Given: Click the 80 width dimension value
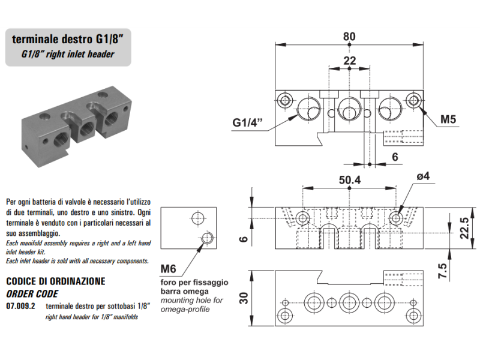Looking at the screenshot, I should click(349, 36).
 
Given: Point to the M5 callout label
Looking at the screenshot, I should click(449, 119).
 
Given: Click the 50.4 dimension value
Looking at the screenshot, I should click(349, 180).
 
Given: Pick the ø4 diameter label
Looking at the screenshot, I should click(423, 176).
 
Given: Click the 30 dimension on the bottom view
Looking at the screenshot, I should click(244, 298).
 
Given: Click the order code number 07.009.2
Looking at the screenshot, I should click(20, 306).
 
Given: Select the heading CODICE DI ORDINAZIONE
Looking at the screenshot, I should click(55, 281).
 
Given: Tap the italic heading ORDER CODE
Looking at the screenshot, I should click(31, 293).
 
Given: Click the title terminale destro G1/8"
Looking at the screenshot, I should click(68, 40).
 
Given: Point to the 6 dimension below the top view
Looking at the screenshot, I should click(395, 157).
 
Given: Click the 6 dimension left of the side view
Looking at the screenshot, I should click(244, 238).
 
